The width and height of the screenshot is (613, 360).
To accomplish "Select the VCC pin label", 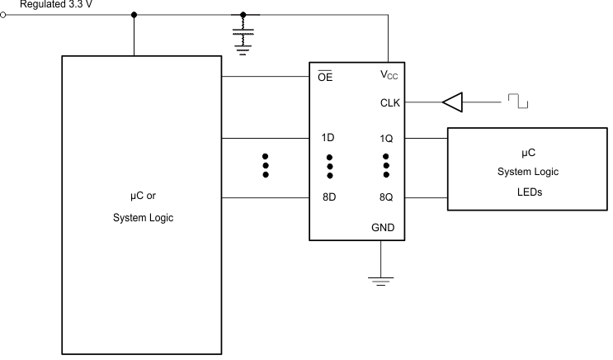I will pos(389,75).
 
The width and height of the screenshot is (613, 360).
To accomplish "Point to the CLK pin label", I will pos(390,102).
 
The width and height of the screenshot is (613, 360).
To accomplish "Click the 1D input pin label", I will pos(328,138).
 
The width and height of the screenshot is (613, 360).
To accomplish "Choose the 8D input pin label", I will pos(328,198).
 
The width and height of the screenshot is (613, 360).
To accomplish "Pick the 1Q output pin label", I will pos(386,138).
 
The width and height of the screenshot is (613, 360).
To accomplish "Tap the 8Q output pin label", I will pos(386,198).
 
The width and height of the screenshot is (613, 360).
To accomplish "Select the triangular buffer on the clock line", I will pos(453,102).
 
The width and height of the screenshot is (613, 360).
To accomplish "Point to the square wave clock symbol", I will pos(517,102).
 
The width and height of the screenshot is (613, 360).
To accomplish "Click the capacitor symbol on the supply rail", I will pos(243,37).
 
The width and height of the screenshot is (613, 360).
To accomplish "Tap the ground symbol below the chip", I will pos(380,281).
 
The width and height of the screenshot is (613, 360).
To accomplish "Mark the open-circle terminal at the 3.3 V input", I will pos(3,14).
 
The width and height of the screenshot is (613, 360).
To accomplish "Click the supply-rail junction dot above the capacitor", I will pos(243,14).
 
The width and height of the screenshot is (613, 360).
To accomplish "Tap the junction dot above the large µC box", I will pos(134,14).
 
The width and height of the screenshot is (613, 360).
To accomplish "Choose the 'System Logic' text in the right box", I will pos(528,171).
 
